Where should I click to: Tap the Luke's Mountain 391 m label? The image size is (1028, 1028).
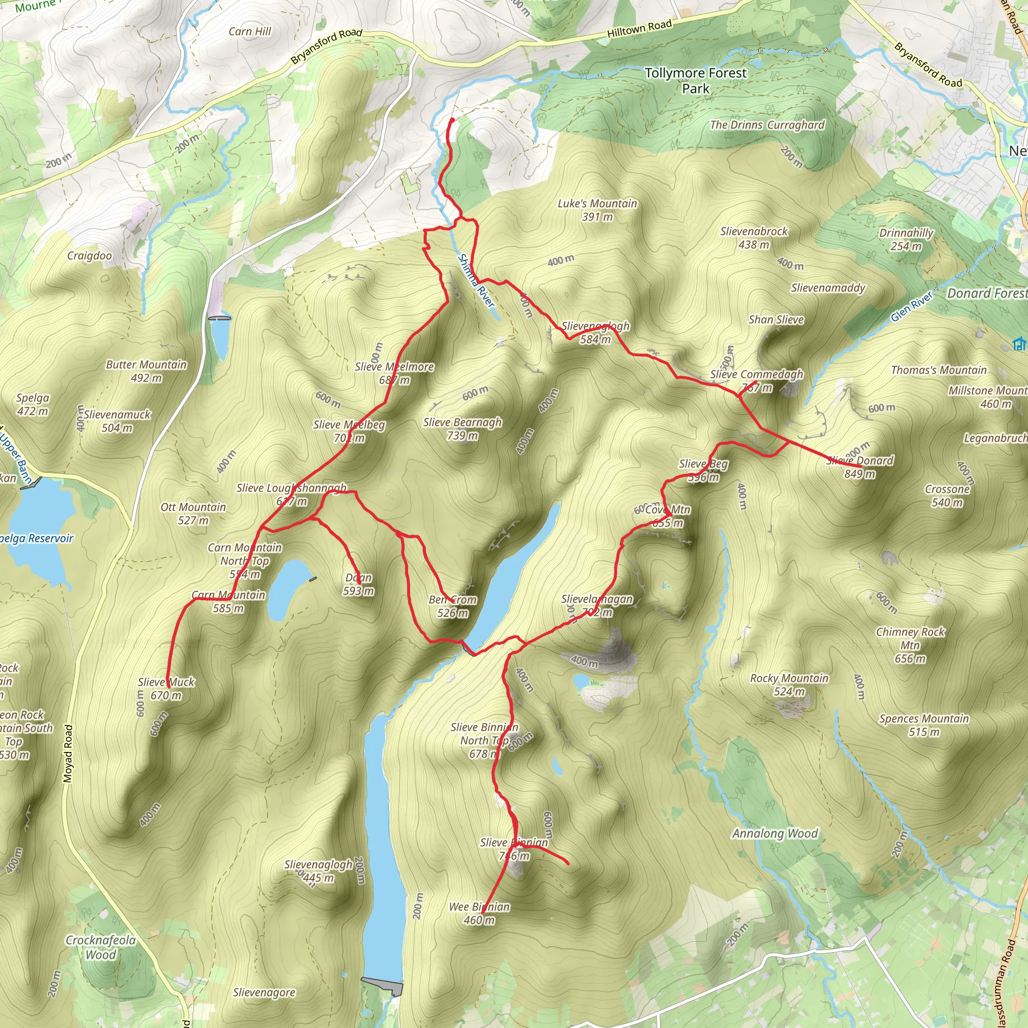[597, 210]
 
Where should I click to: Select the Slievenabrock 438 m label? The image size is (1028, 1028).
[753, 238]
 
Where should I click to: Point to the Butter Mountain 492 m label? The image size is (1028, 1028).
[147, 371]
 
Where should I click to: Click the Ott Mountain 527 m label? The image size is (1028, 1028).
[193, 513]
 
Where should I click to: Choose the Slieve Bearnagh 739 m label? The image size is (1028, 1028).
[462, 428]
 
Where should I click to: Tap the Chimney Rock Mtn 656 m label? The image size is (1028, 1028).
[910, 645]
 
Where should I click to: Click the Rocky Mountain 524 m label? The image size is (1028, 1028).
[789, 684]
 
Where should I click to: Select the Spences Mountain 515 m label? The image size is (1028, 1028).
[924, 725]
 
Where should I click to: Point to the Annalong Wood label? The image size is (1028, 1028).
[775, 833]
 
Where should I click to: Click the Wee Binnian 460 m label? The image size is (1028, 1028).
[479, 913]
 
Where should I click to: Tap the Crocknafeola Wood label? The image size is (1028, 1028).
[100, 947]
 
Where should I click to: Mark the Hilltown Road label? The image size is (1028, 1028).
[639, 28]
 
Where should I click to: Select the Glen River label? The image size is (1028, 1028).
[912, 307]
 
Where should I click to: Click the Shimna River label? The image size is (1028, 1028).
[476, 281]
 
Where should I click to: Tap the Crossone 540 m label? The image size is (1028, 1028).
[947, 495]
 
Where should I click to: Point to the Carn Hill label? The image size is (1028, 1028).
[249, 32]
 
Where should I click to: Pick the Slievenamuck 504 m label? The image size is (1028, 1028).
[117, 421]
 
